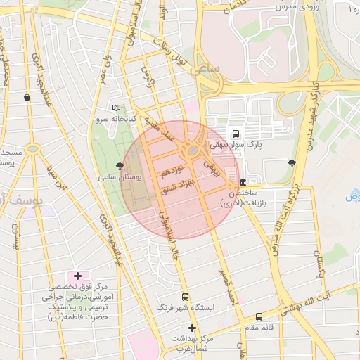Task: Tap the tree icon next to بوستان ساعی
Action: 120,165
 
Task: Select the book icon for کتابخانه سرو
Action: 116,108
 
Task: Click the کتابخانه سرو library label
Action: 115,120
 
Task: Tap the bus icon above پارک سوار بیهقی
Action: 235,133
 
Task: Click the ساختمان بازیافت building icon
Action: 243,182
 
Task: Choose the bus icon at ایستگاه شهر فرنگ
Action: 185,297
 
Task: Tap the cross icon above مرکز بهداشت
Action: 192,328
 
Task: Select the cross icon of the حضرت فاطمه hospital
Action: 77,276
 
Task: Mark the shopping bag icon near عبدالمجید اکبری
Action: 27,98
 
